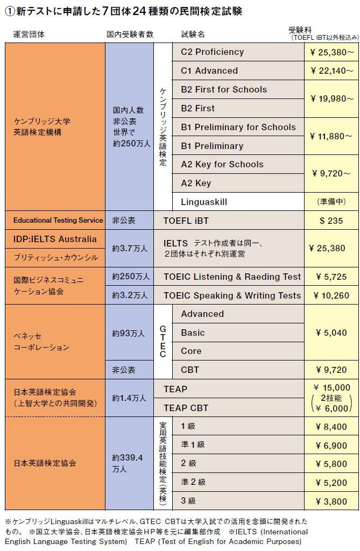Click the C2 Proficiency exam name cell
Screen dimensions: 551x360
[238, 52]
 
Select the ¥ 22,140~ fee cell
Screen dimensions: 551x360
[331, 70]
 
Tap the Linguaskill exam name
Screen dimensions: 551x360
[238, 202]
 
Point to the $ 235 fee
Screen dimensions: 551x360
[331, 221]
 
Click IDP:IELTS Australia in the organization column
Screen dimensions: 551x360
[55, 239]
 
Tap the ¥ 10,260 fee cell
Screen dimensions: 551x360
[331, 295]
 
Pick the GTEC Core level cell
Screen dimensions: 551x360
[238, 351]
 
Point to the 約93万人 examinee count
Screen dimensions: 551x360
[129, 333]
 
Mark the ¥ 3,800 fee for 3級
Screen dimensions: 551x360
[331, 501]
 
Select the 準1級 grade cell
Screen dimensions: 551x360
[238, 444]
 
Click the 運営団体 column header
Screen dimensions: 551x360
[29, 34]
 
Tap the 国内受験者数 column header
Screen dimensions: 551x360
[130, 34]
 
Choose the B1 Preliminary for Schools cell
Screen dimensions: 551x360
[238, 127]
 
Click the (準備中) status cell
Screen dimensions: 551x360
[331, 202]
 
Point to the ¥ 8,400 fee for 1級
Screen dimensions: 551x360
[331, 427]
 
